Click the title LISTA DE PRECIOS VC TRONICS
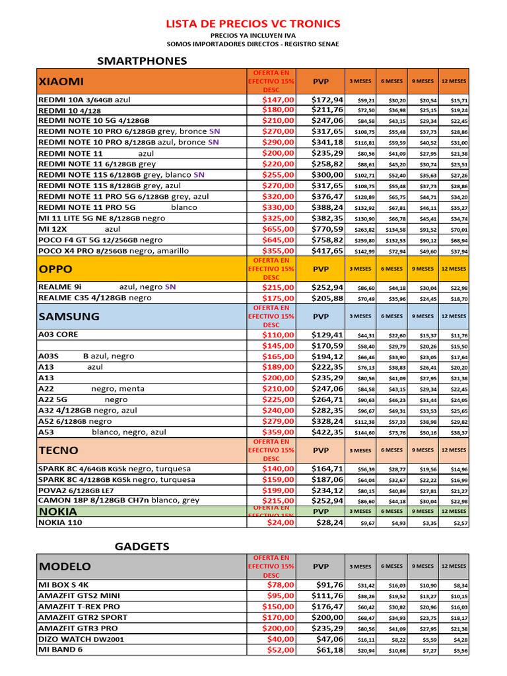click(253, 24)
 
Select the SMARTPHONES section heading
click(142, 61)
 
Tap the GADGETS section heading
click(142, 546)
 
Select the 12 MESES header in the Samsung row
click(453, 316)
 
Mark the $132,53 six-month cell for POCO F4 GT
click(392, 240)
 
